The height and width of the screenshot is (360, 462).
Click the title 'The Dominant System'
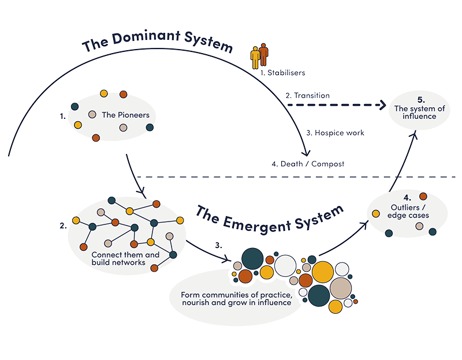(x=157, y=44)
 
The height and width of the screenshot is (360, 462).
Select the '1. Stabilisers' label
(x=282, y=73)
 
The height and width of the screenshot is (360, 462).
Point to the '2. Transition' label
(x=308, y=95)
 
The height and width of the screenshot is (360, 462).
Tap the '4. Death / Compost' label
(x=308, y=164)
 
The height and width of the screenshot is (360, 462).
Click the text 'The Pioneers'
(x=125, y=115)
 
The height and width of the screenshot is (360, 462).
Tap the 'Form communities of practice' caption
(x=236, y=299)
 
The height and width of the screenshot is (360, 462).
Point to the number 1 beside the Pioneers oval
(x=62, y=115)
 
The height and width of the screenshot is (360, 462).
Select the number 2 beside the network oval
(x=62, y=226)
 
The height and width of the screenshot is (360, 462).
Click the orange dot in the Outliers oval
(x=423, y=197)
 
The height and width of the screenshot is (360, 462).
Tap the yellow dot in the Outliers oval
(x=376, y=214)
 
